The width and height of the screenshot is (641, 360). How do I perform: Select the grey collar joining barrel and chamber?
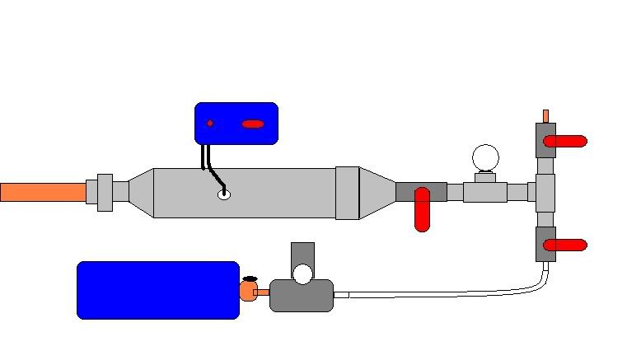tap(105, 192)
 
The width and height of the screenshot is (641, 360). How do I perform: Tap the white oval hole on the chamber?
tap(222, 194)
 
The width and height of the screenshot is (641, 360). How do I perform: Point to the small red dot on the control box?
tap(210, 124)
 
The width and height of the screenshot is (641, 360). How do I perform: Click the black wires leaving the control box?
tap(206, 157)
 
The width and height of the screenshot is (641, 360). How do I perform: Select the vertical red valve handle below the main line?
tap(422, 209)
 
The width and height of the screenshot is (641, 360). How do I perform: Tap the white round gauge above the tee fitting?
tap(485, 157)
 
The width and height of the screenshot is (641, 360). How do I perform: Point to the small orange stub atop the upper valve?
tap(545, 115)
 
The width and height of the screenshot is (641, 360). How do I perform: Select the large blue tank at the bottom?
tap(157, 290)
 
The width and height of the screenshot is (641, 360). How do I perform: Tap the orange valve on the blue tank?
tap(248, 292)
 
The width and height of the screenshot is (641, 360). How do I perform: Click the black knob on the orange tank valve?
tap(250, 278)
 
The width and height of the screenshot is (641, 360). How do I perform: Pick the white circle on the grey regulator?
tap(303, 274)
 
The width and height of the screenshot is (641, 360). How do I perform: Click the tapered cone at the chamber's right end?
tap(377, 193)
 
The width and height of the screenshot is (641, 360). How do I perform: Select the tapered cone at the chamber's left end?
tap(141, 193)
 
